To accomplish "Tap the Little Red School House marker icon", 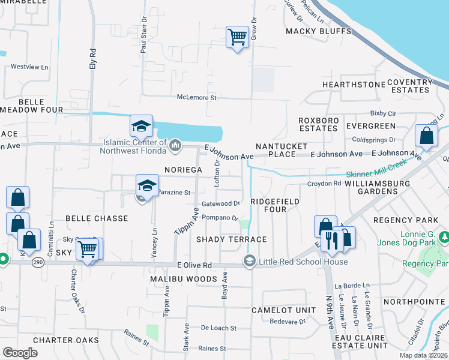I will pos(249,261).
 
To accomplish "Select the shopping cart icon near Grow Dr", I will pos(237,37).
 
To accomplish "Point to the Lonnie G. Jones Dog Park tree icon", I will pos(444,237).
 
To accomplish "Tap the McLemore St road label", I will pos(196,97).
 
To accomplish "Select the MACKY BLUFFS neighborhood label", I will pos(318,31).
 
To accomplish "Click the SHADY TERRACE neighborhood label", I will pos(232,239).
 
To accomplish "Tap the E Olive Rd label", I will pos(194,265).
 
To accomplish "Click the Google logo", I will pos(20,352).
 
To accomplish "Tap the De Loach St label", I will pos(218,328).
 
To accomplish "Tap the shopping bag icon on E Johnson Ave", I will pos(426,136).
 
